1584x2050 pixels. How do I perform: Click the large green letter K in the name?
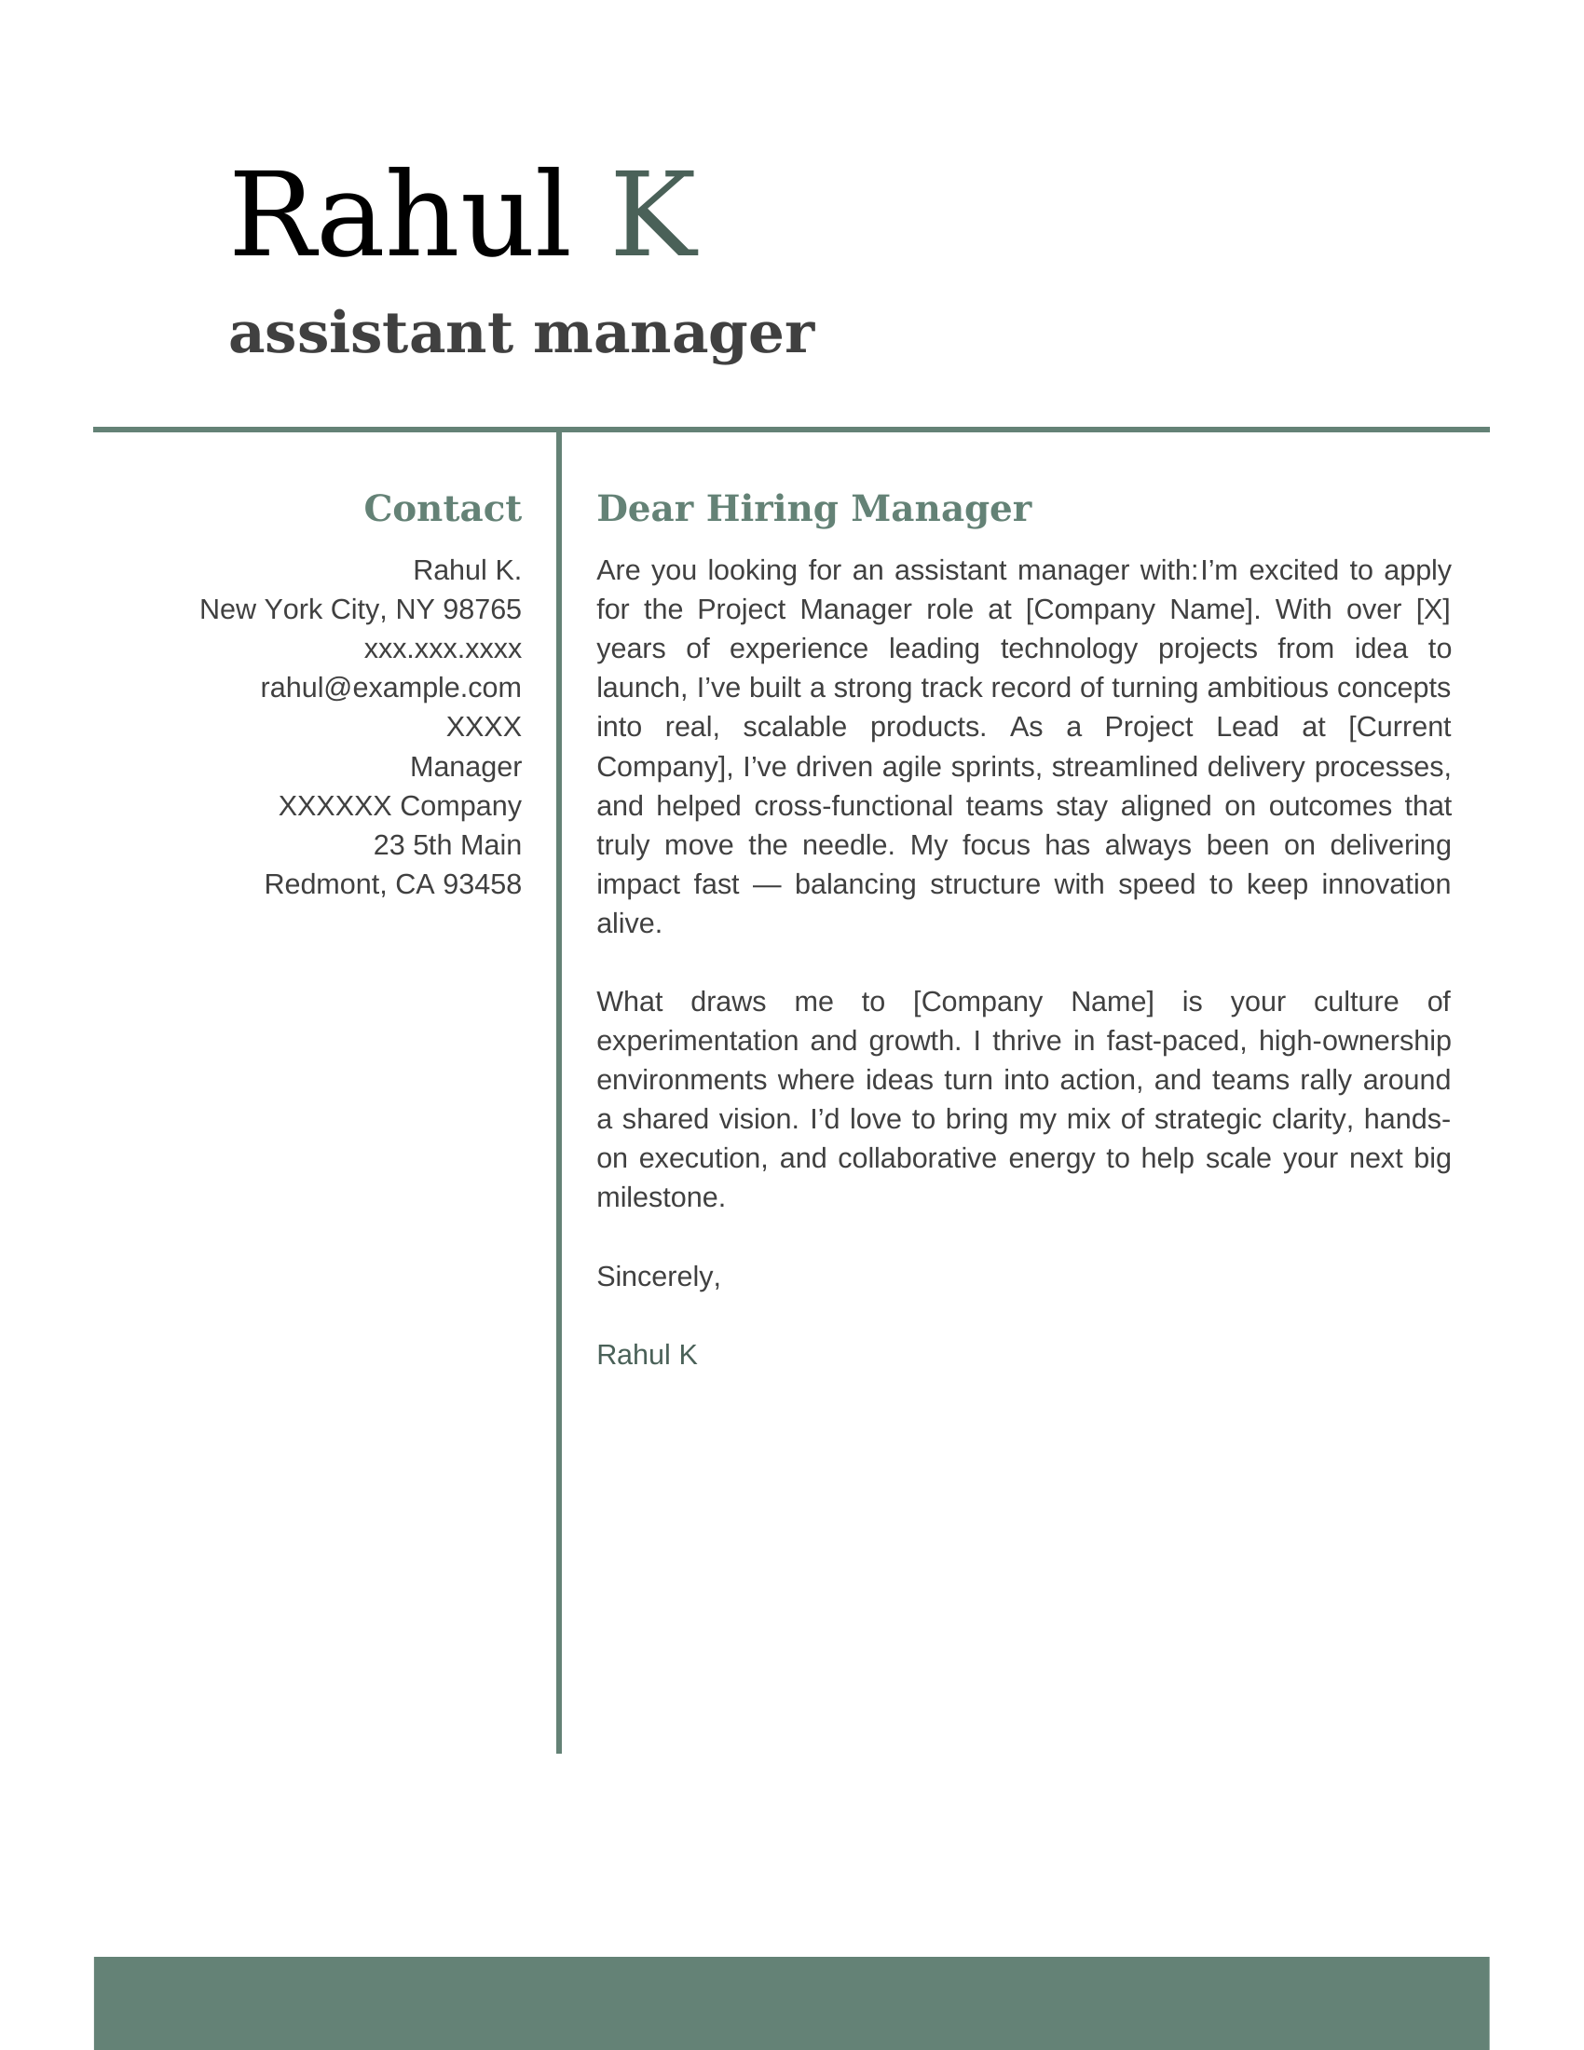pos(655,215)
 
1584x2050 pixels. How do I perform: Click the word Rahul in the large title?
pos(399,215)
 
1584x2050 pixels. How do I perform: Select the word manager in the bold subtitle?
pos(674,334)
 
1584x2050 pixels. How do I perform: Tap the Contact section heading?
pos(442,509)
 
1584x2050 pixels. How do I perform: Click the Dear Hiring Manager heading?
pos(813,509)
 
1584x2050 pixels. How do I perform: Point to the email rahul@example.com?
pos(390,688)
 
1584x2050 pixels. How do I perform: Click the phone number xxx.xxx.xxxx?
pos(442,649)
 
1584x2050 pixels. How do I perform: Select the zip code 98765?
pos(482,610)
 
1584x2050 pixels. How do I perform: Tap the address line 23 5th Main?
pos(446,845)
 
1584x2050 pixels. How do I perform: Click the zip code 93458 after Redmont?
pos(482,884)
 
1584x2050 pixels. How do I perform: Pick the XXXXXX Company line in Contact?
pos(400,805)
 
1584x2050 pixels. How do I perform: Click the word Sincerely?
pos(658,1277)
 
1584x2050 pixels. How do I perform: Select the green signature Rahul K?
pos(647,1355)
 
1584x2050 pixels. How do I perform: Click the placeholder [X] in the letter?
pos(1432,610)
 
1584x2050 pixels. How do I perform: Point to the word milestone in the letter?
pos(660,1197)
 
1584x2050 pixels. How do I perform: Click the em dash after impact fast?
pos(767,884)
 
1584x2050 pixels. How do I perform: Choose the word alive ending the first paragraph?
pos(628,923)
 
